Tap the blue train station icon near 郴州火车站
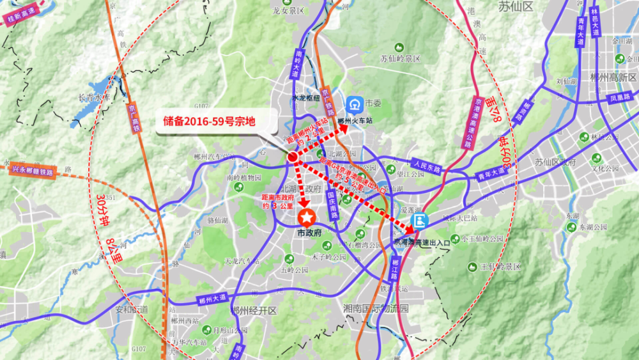353,104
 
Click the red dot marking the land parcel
292,157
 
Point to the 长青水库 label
94,98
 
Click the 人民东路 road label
426,166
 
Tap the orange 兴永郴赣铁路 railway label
33,170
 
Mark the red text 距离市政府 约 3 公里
278,201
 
